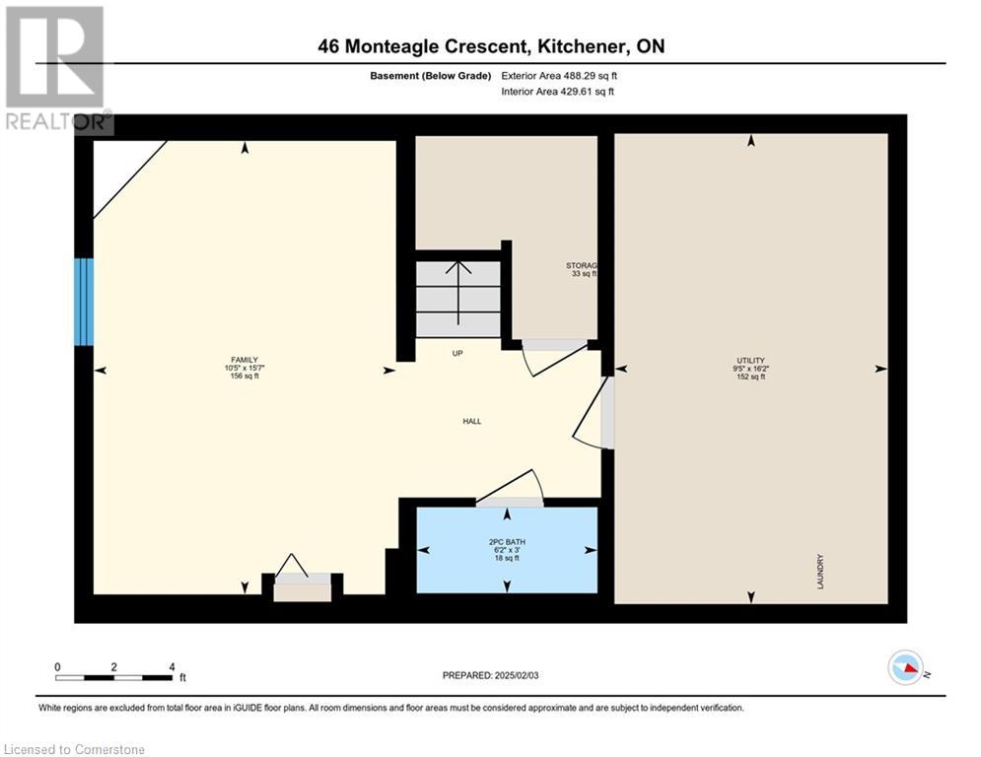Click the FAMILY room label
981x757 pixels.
tap(245, 368)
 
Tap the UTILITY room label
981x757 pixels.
tap(750, 369)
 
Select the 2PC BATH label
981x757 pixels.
tap(507, 550)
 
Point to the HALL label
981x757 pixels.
tap(471, 422)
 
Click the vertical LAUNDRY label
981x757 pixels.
tap(820, 571)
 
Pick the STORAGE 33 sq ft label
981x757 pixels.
tap(582, 270)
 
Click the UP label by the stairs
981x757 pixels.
tap(457, 354)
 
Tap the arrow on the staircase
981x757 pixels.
tap(458, 292)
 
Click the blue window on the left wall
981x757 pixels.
tap(84, 302)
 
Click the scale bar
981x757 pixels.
tap(113, 677)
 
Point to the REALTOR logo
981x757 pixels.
tap(57, 70)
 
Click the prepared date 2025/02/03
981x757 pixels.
tap(491, 675)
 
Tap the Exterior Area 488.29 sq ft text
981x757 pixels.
tap(559, 76)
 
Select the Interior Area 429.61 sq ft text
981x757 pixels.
tap(557, 92)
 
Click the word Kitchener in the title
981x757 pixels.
tap(582, 45)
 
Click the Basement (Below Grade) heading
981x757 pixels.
tap(431, 76)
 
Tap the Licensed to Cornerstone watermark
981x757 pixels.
tap(74, 749)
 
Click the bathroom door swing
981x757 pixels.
tap(511, 486)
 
